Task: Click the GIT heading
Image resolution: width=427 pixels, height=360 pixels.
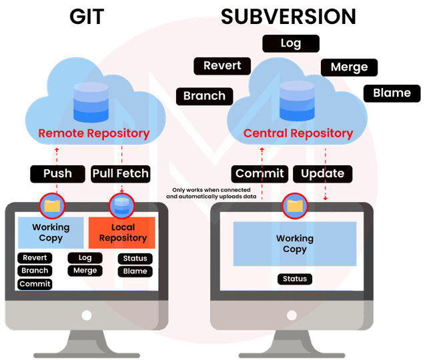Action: tap(87, 16)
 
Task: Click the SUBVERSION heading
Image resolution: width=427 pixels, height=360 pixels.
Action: tap(289, 16)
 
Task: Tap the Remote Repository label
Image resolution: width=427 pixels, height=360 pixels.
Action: tap(94, 133)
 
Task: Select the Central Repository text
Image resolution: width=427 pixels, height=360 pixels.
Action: tap(298, 133)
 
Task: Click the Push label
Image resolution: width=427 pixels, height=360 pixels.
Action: tap(58, 174)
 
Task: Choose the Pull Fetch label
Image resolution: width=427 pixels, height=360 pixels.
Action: tap(121, 174)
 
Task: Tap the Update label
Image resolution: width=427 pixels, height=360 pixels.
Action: tap(322, 174)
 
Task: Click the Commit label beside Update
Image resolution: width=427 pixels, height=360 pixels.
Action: tap(260, 174)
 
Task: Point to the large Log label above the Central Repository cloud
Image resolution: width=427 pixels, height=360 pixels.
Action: tap(291, 44)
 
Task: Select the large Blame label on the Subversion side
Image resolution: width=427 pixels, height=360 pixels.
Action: tap(392, 93)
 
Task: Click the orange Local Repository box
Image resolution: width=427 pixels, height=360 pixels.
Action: tap(123, 233)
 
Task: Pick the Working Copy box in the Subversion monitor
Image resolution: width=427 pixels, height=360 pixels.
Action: tap(294, 244)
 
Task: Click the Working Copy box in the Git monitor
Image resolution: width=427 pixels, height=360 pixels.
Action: tap(51, 233)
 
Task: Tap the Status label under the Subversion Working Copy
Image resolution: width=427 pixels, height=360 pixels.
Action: tap(294, 279)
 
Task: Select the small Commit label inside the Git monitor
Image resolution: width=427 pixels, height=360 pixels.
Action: tap(35, 284)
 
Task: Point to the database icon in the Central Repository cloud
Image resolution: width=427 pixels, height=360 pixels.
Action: tap(297, 99)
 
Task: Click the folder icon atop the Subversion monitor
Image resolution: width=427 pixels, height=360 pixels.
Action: tap(294, 206)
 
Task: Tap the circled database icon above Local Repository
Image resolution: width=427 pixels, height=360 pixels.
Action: tap(121, 206)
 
